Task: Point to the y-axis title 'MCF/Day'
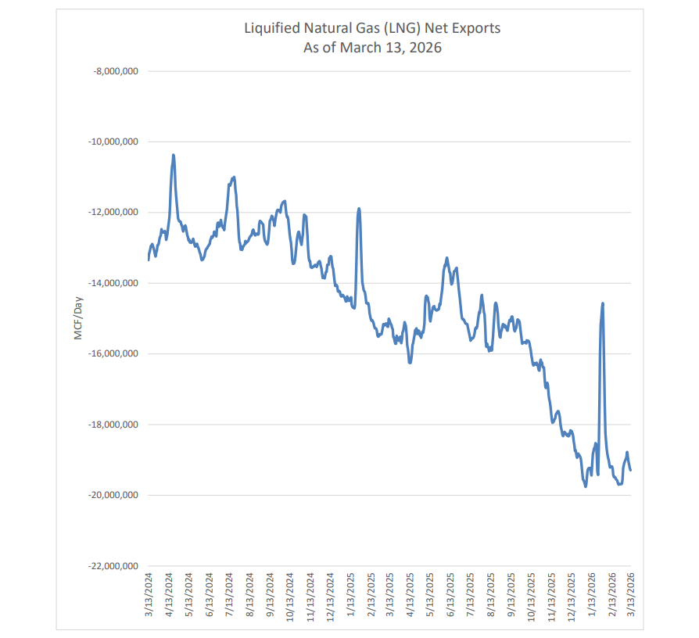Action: point(79,318)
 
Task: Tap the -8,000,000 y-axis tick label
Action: point(115,71)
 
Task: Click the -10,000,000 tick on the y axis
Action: point(113,142)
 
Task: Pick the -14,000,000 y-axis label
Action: point(113,283)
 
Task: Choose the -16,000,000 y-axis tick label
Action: point(113,353)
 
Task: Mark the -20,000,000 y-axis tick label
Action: point(113,495)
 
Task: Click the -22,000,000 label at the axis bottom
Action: point(113,566)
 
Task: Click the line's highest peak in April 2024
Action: point(173,155)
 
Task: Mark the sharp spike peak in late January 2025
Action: point(359,209)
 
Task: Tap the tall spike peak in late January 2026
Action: point(602,303)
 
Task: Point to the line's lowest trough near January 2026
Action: point(586,486)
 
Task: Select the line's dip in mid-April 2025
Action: point(410,362)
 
